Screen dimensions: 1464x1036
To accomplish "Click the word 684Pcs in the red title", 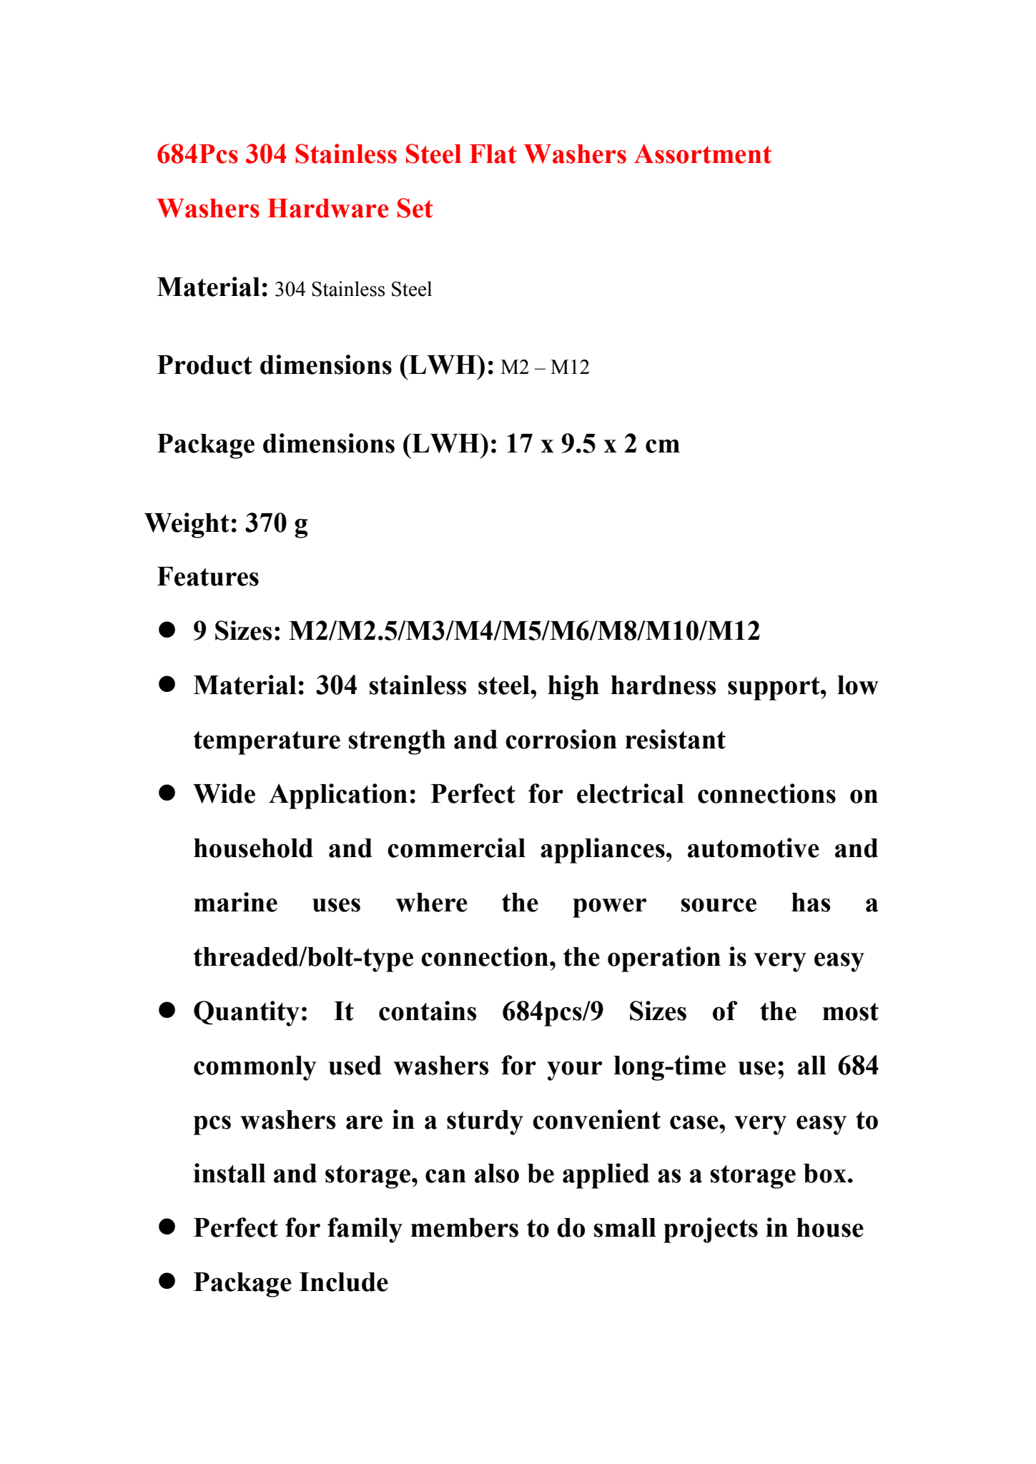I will (x=197, y=154).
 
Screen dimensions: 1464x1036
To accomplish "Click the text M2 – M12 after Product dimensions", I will (x=545, y=367).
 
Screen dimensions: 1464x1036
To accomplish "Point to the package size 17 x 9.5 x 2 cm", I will (x=593, y=444).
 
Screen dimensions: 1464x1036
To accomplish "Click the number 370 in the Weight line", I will (x=265, y=523).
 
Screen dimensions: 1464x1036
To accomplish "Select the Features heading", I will (x=208, y=577).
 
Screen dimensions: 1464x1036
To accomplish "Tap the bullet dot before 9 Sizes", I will (x=167, y=630).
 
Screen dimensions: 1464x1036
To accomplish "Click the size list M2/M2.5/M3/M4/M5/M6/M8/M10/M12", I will (x=524, y=631).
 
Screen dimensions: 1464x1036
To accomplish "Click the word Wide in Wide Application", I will (x=225, y=794).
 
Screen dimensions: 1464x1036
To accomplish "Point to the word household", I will (x=253, y=849).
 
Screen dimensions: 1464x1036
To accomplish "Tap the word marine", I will (x=235, y=903).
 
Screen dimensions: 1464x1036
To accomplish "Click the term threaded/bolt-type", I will (x=303, y=957).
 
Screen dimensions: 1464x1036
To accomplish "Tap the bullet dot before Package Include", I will (x=167, y=1282).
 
